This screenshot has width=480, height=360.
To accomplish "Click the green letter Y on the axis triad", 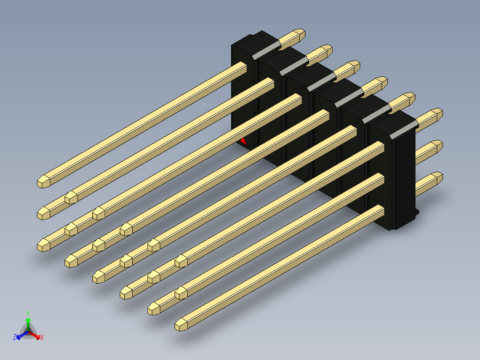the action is point(28,313).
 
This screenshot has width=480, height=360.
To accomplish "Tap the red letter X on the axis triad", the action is point(42,337).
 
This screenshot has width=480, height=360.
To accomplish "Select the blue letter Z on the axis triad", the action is point(15,337).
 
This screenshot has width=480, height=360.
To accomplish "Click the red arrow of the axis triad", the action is point(34,335).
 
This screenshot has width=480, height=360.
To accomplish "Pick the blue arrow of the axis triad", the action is point(22,335).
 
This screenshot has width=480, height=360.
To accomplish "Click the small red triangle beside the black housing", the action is point(244,142).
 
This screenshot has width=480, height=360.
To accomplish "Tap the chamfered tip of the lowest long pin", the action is point(181,325).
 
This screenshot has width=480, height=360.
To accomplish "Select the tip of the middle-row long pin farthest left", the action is point(44,213).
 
